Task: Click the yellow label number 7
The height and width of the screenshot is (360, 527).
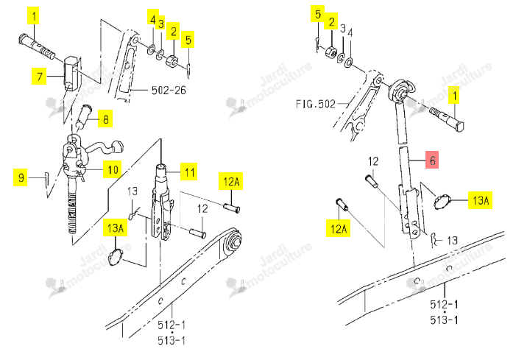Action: coord(39,76)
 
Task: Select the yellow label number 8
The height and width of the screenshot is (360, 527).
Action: coord(105,119)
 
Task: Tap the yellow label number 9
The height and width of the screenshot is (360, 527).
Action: coord(21,177)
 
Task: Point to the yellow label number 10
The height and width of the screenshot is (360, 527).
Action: coord(113,169)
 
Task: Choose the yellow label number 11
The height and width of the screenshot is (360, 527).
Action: coord(189,172)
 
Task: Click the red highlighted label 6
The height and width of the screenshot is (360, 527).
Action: coord(432,160)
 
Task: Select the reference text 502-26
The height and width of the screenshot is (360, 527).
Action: coord(169,90)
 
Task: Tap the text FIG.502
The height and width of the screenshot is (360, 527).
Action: coord(316,104)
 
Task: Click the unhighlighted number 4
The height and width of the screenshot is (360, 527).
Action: coord(350,33)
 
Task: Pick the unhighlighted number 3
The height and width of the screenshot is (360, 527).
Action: coord(342,29)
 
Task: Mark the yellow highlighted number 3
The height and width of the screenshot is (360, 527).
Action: coord(161,24)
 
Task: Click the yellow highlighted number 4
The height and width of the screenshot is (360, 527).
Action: coord(152,19)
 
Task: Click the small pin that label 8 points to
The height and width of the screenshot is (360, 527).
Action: coord(83,116)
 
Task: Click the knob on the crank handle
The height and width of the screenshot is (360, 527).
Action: coord(118,147)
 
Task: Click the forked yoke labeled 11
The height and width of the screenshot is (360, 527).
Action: coord(163,202)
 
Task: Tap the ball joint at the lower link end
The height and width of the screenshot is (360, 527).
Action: coord(233,241)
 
